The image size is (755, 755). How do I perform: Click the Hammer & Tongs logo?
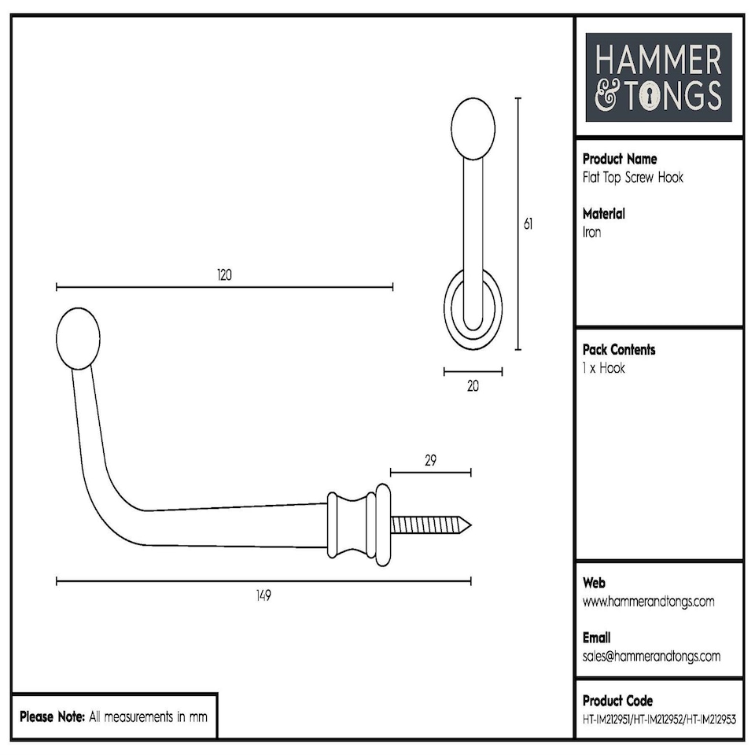pyautogui.click(x=659, y=77)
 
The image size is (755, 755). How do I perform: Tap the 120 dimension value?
pyautogui.click(x=225, y=275)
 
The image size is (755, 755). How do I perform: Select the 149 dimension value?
pyautogui.click(x=263, y=595)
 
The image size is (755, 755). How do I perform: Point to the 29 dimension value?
pyautogui.click(x=430, y=461)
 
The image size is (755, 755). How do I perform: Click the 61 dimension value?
pyautogui.click(x=528, y=224)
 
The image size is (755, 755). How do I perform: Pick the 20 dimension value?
pyautogui.click(x=473, y=385)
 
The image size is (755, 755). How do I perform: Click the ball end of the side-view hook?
pyautogui.click(x=79, y=338)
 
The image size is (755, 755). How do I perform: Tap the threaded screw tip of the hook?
pyautogui.click(x=431, y=525)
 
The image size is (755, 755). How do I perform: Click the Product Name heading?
pyautogui.click(x=620, y=159)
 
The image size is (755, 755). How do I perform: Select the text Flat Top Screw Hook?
pyautogui.click(x=633, y=178)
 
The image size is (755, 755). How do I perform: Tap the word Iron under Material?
pyautogui.click(x=591, y=233)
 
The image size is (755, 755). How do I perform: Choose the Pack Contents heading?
pyautogui.click(x=619, y=349)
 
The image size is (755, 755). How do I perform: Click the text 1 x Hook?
pyautogui.click(x=604, y=368)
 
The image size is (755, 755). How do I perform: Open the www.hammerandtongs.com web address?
pyautogui.click(x=649, y=602)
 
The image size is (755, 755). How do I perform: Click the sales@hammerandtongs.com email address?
pyautogui.click(x=651, y=657)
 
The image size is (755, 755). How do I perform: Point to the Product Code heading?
pyautogui.click(x=617, y=700)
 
